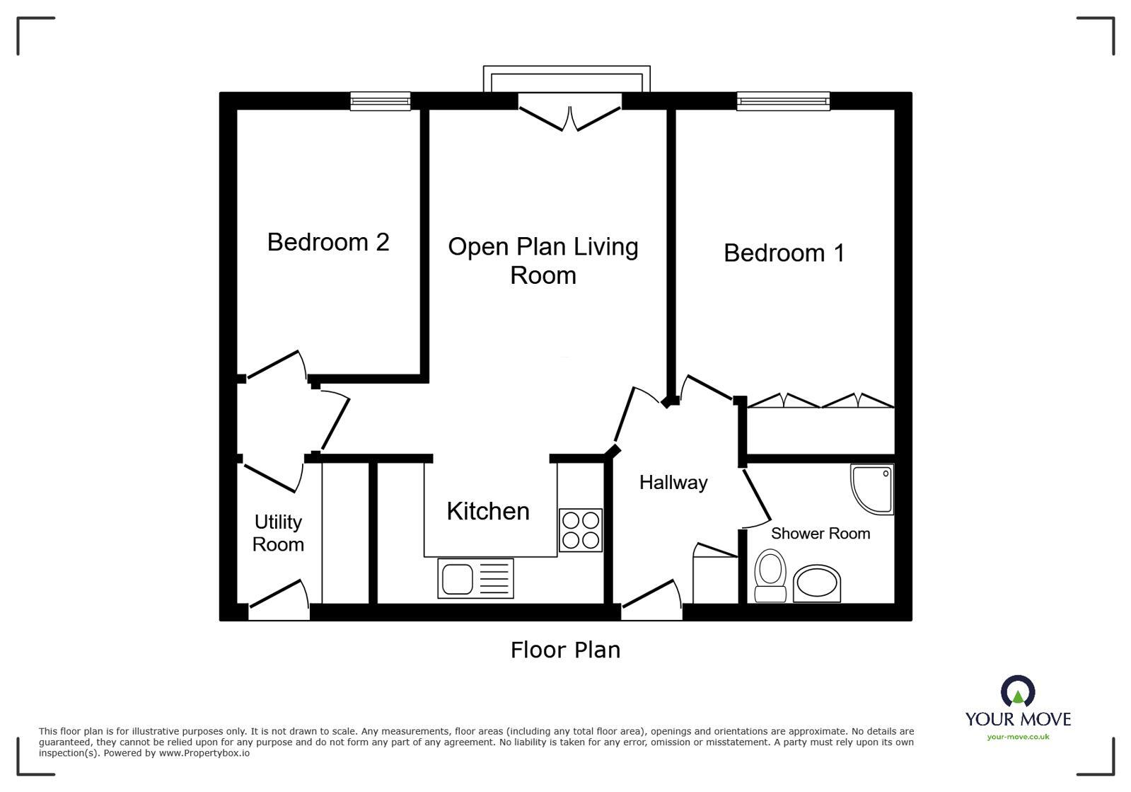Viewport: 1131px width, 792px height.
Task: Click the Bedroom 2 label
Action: (328, 242)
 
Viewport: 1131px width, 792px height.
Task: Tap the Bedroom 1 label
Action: (784, 253)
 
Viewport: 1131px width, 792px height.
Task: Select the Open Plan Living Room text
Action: (543, 260)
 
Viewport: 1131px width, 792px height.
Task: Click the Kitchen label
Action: (487, 511)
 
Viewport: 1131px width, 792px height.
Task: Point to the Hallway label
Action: (673, 483)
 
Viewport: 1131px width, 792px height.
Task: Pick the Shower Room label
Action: (820, 534)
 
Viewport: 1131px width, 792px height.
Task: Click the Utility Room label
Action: (278, 533)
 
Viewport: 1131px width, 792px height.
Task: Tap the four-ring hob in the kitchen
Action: (580, 530)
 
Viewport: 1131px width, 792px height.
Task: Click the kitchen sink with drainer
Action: (475, 578)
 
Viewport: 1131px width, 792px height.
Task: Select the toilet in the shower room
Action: (770, 576)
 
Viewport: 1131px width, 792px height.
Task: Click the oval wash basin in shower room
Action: (817, 584)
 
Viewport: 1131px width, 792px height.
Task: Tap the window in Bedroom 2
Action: (381, 102)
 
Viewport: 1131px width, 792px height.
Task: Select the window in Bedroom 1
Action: (783, 102)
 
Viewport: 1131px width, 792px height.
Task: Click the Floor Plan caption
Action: (565, 650)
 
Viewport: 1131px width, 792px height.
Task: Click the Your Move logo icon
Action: (1018, 691)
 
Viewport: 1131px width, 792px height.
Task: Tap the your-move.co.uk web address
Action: (1018, 737)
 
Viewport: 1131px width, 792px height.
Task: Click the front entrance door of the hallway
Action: (651, 598)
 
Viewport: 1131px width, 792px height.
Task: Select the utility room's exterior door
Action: (279, 598)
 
